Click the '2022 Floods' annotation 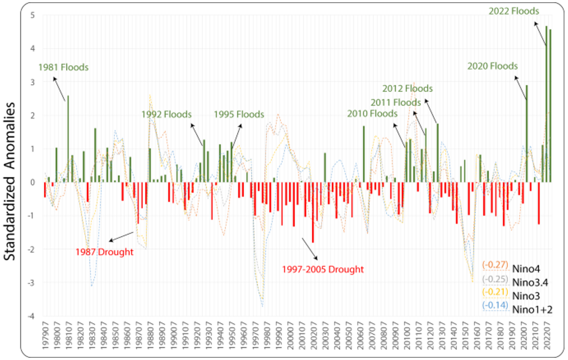coord(514,11)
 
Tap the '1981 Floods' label coord(63,68)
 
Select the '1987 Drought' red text coord(104,252)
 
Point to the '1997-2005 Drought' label coord(323,269)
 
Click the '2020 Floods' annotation coord(492,66)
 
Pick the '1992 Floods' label coord(166,115)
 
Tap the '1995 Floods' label coord(238,115)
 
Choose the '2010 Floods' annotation coord(372,114)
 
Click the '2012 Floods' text coord(407,89)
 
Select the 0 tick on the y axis coord(32,182)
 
